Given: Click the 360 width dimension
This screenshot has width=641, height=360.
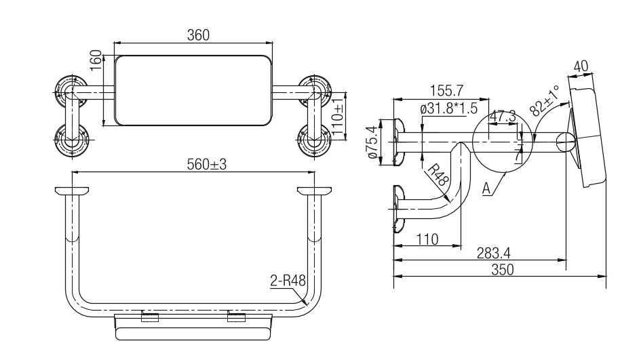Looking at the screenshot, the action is pos(198,35).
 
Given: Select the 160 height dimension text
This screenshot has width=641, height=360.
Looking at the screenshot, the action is pos(96,60).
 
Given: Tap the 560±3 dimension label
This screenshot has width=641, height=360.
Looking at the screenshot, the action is pos(206,164).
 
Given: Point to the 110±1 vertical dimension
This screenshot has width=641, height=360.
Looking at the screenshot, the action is pos(337,118).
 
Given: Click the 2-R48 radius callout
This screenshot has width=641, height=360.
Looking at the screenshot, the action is pos(288,281).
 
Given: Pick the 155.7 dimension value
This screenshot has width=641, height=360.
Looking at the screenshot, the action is pos(446,90).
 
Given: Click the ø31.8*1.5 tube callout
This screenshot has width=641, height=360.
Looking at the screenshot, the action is pos(449,108).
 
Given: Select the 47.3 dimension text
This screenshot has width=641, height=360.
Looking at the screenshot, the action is pos(503,116).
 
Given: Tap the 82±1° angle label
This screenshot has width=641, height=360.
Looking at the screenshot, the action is pos(545,100).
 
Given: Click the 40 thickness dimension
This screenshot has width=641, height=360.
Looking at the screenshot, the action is pos(581,66).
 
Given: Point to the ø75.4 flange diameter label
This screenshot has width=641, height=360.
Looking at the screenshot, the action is pos(372,142).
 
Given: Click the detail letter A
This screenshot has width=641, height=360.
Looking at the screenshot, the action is pos(486,188).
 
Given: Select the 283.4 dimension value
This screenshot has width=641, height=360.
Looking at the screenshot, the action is pos(493,254).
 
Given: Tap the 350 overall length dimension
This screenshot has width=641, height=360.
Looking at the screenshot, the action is pos(503,270).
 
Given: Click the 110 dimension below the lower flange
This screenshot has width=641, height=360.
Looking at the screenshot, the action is pos(427,239).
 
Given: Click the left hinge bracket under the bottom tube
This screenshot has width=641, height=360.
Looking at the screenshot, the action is pos(150,317).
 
